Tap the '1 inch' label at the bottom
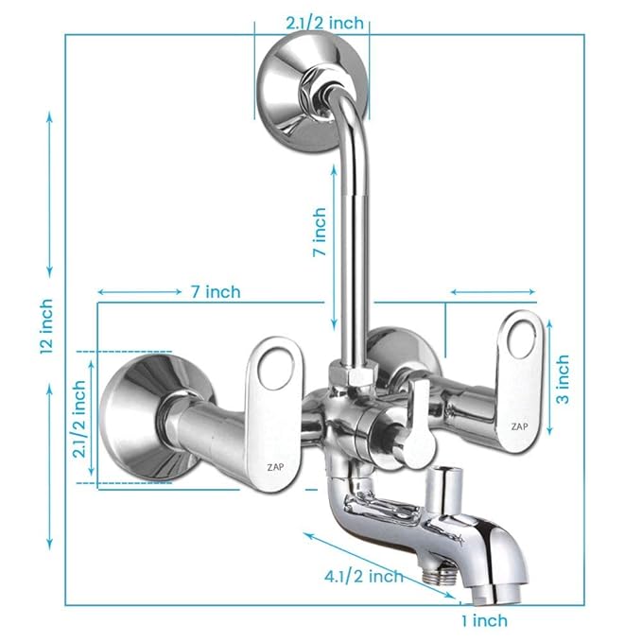point(484,621)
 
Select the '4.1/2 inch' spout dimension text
point(361,576)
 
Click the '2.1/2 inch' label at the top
point(311,21)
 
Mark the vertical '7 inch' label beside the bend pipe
point(320,234)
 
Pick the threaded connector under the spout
point(435,573)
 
